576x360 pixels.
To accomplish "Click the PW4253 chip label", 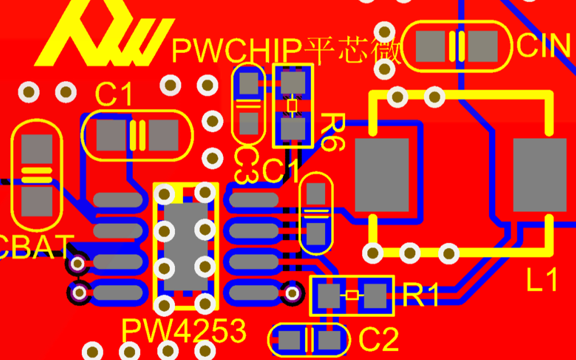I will [184, 332].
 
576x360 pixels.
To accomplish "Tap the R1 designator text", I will [421, 295].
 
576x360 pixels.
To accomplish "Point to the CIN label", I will [544, 46].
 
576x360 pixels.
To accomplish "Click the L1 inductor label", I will [542, 281].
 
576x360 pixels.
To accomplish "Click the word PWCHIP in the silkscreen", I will [236, 50].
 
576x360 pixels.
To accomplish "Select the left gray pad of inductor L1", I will [381, 175].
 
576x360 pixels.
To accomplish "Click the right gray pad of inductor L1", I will [539, 175].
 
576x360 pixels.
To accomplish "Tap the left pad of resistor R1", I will [328, 295].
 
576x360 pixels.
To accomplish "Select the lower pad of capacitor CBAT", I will [37, 201].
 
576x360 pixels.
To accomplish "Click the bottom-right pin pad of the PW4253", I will [252, 293].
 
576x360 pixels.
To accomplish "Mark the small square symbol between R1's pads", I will [352, 295].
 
